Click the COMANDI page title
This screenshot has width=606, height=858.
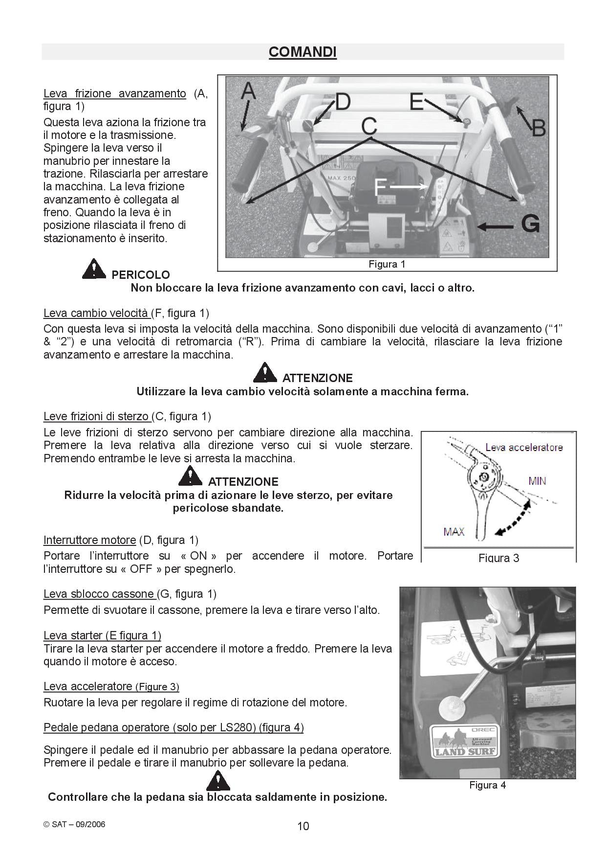(x=303, y=52)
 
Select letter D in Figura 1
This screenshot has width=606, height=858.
(x=342, y=102)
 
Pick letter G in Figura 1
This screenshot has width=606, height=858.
(x=530, y=224)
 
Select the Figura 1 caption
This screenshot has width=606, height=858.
(x=387, y=265)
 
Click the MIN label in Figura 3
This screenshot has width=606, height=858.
(x=537, y=481)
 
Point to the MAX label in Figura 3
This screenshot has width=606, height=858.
(x=454, y=532)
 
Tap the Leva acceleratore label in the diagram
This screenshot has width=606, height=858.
(x=523, y=447)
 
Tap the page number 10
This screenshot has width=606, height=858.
(x=303, y=826)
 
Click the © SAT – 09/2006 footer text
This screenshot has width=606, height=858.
(x=74, y=824)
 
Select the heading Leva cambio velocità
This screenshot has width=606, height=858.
(x=96, y=313)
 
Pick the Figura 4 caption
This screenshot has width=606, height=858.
(x=487, y=785)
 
